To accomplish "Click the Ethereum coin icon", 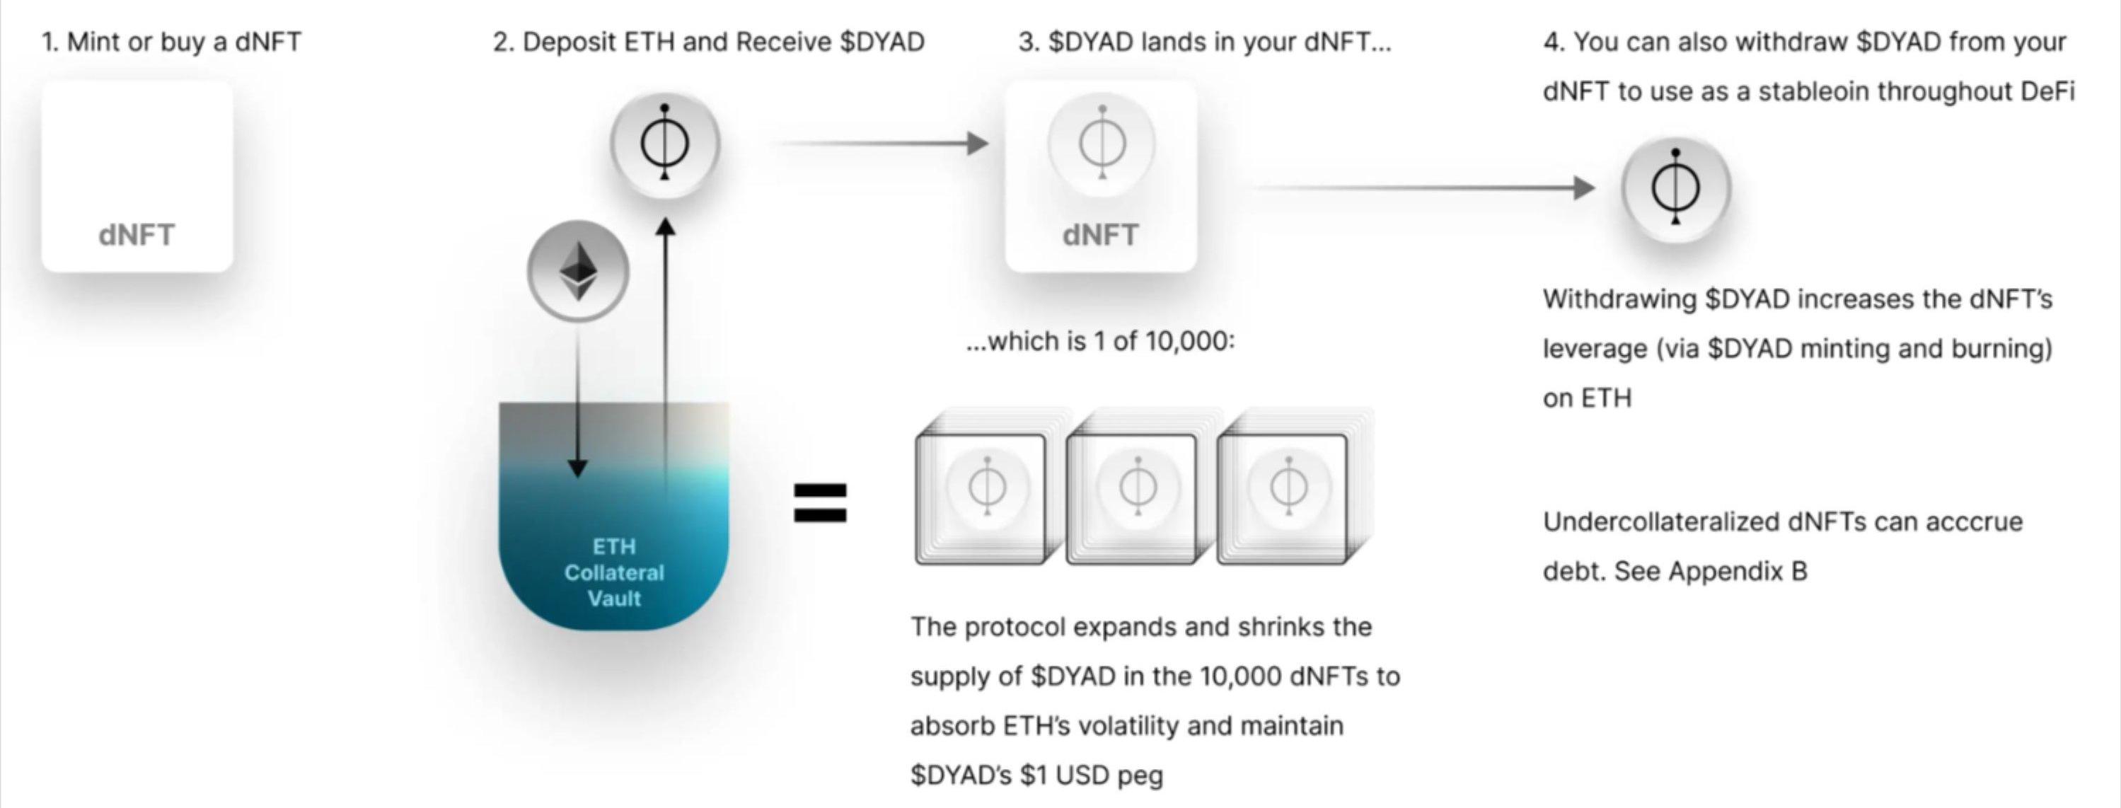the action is coord(578,271).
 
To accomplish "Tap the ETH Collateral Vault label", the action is coord(614,572).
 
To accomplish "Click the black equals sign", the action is coord(819,502).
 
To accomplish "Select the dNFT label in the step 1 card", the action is coord(137,235).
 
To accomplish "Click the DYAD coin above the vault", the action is coord(665,144).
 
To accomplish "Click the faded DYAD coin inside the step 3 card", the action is coord(1102,144).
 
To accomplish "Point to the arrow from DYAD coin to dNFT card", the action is coord(885,144).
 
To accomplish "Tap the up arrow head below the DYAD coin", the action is coord(665,226).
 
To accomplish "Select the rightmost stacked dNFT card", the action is coord(1293,490).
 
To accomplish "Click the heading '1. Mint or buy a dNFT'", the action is coord(172,41).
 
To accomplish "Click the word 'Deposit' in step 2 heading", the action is coord(569,42).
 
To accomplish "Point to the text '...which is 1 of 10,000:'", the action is coord(1101,340).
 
